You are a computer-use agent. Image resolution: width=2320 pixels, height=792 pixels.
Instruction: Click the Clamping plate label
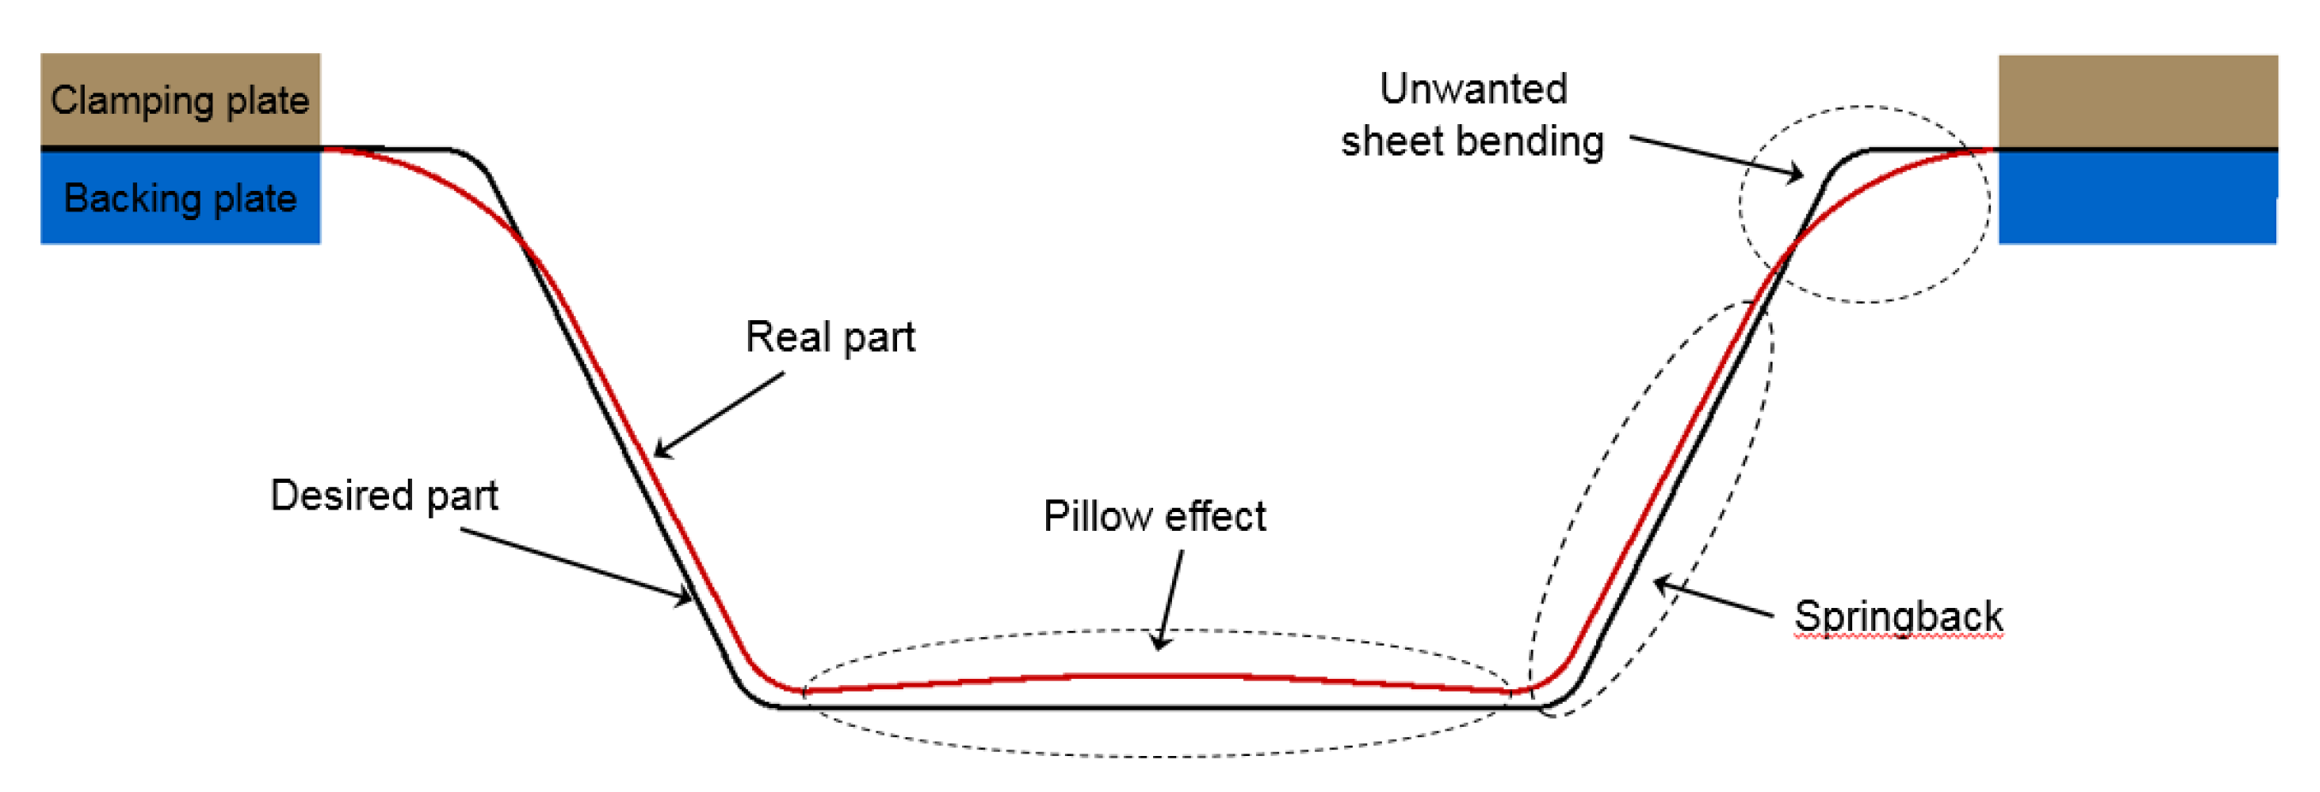pos(179,100)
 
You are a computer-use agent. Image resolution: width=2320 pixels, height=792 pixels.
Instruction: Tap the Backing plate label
pos(180,198)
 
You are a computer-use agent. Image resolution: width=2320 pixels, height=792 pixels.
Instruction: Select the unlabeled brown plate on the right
pos(2138,101)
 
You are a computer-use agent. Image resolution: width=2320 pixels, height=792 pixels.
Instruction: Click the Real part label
pos(829,337)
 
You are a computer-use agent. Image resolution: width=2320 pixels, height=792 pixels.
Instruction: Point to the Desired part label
pos(384,495)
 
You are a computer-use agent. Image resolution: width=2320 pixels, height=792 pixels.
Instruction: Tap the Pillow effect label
pos(1154,516)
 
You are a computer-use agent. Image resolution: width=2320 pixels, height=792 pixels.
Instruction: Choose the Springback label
pos(1898,616)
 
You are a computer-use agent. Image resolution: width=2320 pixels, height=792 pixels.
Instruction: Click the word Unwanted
pos(1474,89)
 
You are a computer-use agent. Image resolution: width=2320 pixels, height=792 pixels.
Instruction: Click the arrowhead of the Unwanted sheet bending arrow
pos(1798,175)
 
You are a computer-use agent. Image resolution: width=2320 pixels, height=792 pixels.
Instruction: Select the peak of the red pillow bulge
pos(1157,675)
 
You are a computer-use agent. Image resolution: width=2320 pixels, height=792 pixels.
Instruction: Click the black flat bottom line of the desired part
pos(1157,707)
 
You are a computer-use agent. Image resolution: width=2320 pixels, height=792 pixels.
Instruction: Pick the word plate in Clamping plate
pos(267,100)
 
